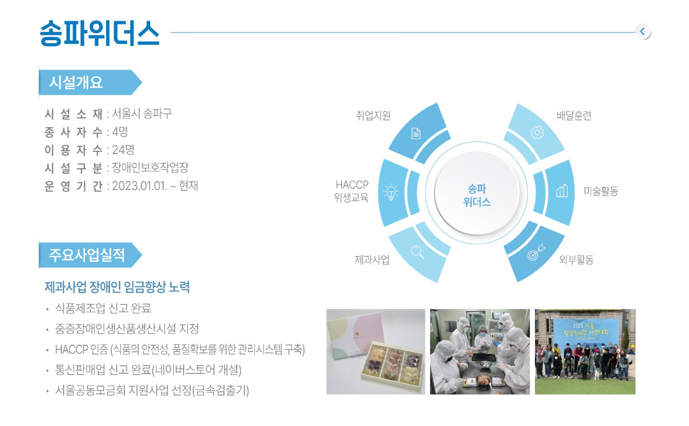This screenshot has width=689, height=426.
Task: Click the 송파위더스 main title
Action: (x=99, y=33)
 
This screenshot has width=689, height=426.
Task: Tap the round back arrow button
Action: (x=643, y=32)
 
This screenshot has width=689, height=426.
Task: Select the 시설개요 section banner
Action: (x=90, y=82)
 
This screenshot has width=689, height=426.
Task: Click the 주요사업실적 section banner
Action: (x=90, y=255)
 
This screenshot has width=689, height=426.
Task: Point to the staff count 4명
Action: (x=120, y=132)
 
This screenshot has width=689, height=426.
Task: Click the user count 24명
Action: (x=123, y=149)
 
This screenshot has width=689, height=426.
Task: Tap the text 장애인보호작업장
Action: (x=150, y=167)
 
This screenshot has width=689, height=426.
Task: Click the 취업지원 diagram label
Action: (x=373, y=116)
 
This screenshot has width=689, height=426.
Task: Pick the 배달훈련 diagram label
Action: (x=574, y=116)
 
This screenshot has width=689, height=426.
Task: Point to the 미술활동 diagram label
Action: (x=601, y=191)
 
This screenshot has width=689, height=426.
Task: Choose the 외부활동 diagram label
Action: (x=576, y=259)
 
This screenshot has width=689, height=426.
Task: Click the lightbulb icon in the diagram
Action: (x=391, y=192)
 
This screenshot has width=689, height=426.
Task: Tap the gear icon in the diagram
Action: (x=537, y=132)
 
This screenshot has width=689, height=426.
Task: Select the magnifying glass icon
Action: (x=417, y=252)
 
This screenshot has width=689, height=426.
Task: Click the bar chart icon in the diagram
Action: (x=562, y=190)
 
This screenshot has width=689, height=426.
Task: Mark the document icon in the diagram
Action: (x=415, y=133)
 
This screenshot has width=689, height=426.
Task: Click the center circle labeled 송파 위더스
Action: (x=477, y=194)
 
